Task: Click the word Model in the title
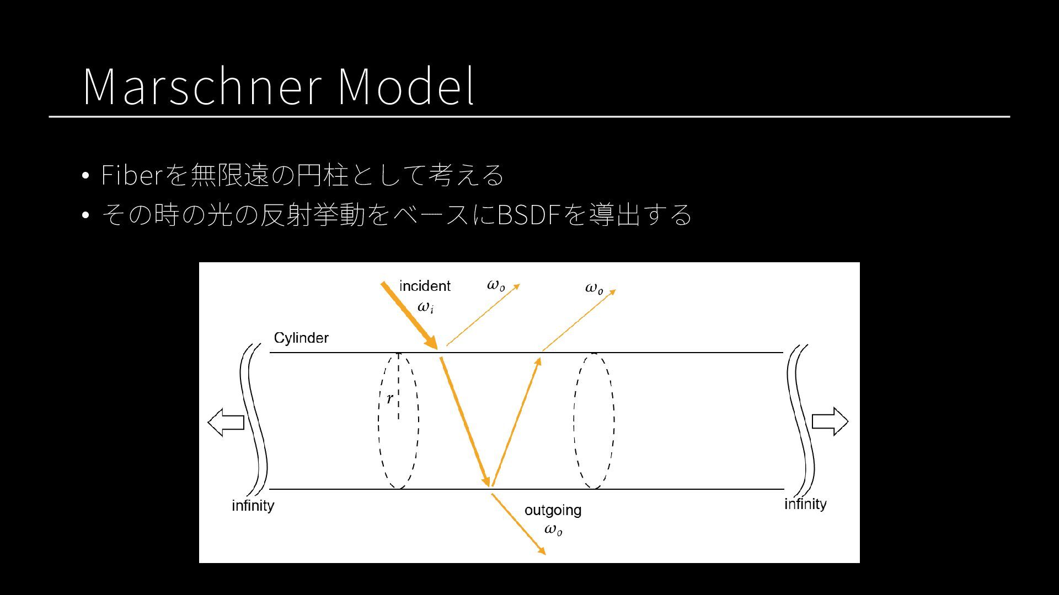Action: [x=405, y=86]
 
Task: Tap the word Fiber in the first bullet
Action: [x=131, y=175]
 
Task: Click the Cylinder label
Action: [x=301, y=338]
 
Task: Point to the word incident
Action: [x=425, y=286]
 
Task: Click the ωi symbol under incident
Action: [x=425, y=307]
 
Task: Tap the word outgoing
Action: [x=553, y=510]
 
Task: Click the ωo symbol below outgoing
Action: [x=553, y=530]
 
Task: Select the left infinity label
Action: [x=253, y=505]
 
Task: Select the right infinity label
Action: [x=805, y=504]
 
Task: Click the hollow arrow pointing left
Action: [x=226, y=422]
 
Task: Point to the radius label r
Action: [x=389, y=398]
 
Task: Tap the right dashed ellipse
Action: [x=594, y=421]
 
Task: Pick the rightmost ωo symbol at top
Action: [x=594, y=288]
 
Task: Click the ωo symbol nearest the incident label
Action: [x=496, y=285]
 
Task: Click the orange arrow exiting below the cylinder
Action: [x=518, y=524]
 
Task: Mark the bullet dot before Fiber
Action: [x=85, y=176]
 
